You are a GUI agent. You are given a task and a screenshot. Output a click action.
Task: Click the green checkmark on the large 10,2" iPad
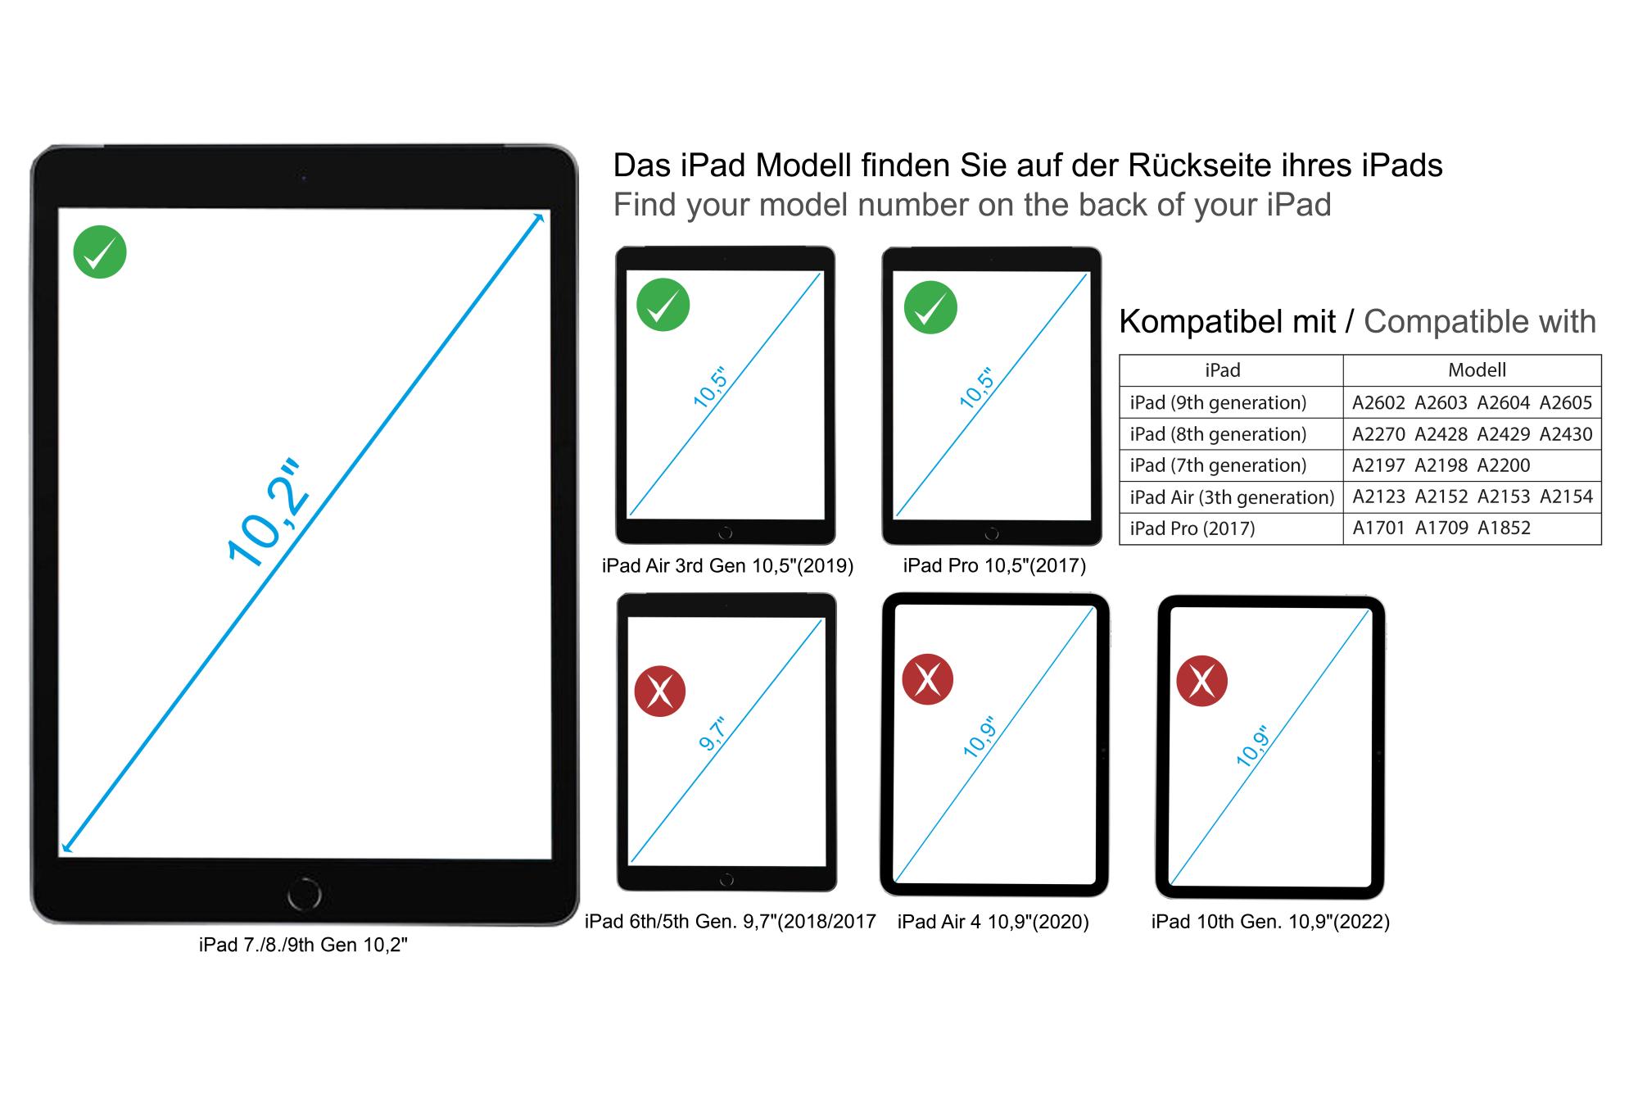point(100,252)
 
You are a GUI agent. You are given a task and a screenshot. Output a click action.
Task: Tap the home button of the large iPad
point(304,894)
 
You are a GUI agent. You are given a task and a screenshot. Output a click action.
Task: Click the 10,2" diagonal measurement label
point(269,515)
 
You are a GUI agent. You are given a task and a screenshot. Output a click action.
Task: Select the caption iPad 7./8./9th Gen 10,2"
point(303,945)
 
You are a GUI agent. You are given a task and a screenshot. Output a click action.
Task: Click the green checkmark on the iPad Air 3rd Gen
point(663,305)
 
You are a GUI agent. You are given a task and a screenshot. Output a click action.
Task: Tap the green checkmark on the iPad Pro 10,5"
point(930,307)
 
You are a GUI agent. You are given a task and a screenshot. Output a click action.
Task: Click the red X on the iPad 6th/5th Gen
point(660,692)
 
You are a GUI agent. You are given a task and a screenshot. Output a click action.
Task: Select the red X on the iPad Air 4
point(927,679)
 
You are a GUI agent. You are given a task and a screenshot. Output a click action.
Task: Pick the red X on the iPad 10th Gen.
point(1201,681)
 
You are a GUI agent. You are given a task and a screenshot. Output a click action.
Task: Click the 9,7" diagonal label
point(713,733)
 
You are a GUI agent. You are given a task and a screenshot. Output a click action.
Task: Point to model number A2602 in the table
point(1378,402)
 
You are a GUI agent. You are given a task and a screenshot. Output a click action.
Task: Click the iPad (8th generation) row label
point(1218,434)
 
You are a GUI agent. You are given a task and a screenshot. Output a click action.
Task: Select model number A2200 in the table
point(1504,465)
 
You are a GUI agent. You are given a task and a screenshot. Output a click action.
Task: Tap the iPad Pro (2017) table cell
point(1192,528)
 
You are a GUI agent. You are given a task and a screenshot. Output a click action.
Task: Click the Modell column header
point(1477,370)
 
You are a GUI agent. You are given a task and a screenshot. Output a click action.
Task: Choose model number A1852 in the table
point(1504,528)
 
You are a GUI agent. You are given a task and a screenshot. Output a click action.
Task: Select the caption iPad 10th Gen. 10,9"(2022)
point(1270,922)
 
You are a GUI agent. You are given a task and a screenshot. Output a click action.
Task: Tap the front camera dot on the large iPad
point(304,177)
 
